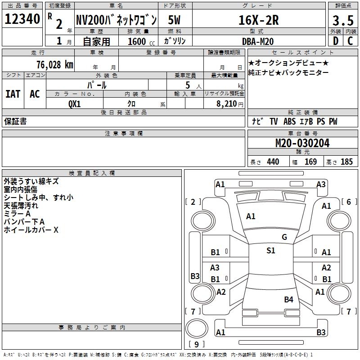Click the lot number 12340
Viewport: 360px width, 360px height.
click(22, 19)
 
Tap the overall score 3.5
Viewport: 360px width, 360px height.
click(343, 20)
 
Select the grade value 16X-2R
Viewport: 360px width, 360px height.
click(259, 20)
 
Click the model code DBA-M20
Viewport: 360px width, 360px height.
click(258, 41)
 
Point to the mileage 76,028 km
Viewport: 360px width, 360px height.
click(55, 65)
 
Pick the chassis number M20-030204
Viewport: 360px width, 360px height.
click(302, 143)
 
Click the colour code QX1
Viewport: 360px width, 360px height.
click(74, 104)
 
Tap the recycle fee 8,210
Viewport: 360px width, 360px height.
click(227, 104)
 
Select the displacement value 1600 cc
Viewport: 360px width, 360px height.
click(141, 41)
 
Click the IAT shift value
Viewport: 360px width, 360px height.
click(13, 94)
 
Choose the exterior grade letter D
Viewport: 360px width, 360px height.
click(336, 41)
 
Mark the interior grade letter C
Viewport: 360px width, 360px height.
click(350, 41)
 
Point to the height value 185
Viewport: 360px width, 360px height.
click(346, 162)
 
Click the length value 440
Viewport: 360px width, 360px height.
click(273, 162)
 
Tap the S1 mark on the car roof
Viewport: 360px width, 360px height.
click(271, 250)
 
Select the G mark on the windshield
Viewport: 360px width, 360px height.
click(284, 237)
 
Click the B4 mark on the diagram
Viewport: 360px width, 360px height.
click(288, 299)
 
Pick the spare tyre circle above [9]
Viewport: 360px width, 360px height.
click(197, 328)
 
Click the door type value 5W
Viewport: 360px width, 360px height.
click(174, 20)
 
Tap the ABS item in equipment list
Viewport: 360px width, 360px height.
click(289, 121)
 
